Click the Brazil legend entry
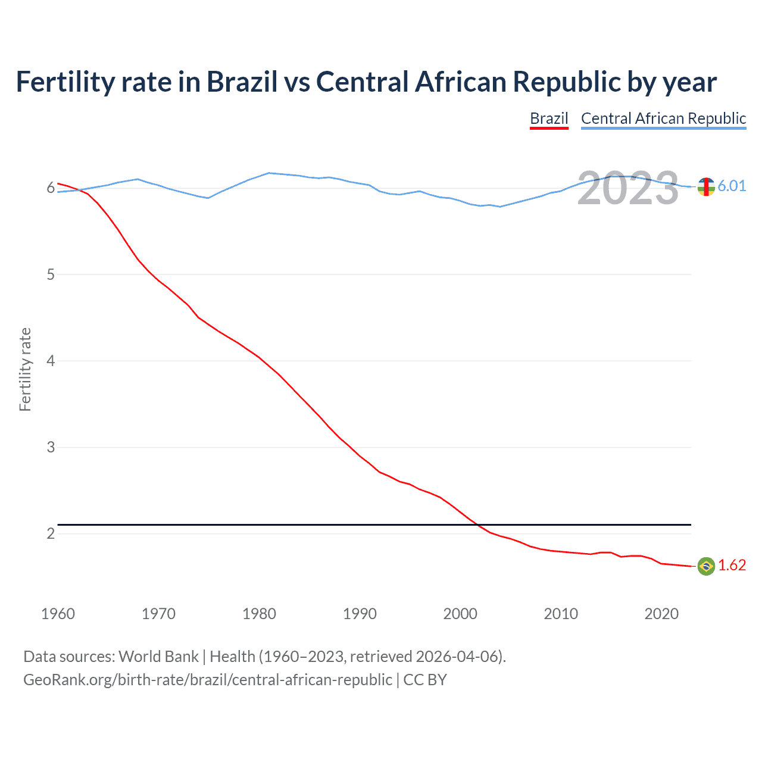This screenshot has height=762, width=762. click(x=549, y=118)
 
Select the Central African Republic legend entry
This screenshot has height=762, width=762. click(x=663, y=118)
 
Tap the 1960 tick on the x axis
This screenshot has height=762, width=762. click(x=58, y=614)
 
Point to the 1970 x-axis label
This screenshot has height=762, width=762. click(x=158, y=614)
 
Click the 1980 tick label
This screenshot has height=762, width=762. click(x=259, y=614)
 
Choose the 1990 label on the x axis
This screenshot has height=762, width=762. click(x=360, y=614)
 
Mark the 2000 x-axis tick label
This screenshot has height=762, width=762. click(x=460, y=614)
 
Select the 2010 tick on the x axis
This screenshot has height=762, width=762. click(x=561, y=614)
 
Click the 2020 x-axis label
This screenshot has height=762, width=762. click(x=661, y=614)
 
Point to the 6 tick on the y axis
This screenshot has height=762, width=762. click(x=51, y=188)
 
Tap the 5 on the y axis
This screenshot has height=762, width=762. click(x=51, y=274)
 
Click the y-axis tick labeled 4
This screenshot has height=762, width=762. click(x=51, y=361)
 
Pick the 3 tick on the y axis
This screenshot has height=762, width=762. click(x=51, y=447)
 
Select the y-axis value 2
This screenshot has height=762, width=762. click(x=51, y=533)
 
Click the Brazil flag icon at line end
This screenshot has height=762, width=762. click(x=706, y=566)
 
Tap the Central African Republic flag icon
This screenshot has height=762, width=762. click(x=706, y=186)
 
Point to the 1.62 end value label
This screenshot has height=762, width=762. click(x=732, y=566)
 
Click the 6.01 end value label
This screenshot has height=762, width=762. click(x=732, y=186)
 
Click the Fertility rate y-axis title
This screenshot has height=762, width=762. click(x=25, y=369)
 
